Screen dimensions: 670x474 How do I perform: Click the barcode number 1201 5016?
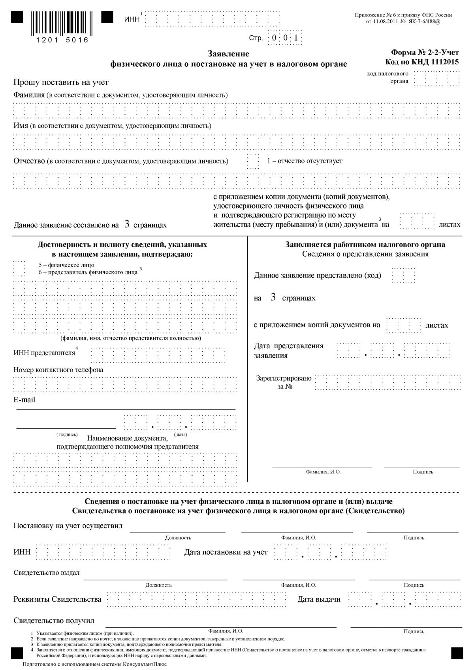point(62,40)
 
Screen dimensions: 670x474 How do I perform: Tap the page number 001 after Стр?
point(285,38)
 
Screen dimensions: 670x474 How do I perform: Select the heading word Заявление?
point(229,54)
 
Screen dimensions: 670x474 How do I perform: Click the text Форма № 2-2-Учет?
point(425,52)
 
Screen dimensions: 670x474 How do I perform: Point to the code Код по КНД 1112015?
point(422,62)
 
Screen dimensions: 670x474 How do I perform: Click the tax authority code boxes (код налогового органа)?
point(437,78)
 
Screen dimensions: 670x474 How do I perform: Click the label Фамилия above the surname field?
point(29,95)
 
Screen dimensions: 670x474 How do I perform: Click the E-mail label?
point(24,400)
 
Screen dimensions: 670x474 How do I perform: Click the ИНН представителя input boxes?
point(158,355)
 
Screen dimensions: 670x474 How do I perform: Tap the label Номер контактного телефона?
point(58,370)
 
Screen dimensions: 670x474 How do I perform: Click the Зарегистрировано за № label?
point(284,382)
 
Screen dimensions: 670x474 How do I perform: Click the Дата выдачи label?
point(319,599)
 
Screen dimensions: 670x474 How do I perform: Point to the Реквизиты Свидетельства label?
point(57,599)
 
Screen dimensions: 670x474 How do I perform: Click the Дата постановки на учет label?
point(226,552)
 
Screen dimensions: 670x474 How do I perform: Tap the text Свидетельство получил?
point(54,620)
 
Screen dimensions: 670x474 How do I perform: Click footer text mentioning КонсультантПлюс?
point(95,664)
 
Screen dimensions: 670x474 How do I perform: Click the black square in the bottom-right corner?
point(457,653)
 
